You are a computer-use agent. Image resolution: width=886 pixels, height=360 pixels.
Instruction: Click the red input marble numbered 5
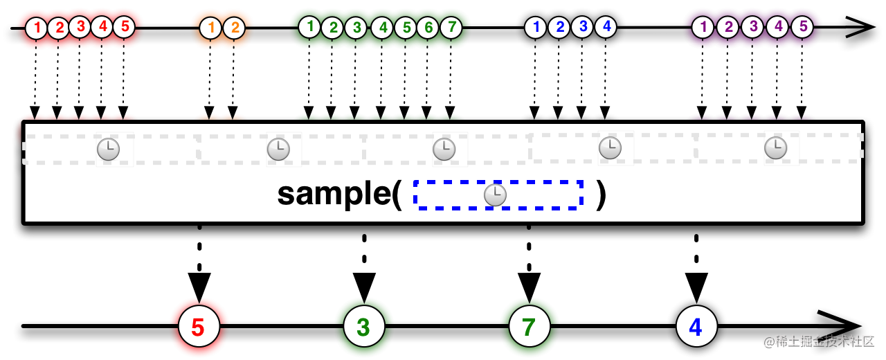point(124,27)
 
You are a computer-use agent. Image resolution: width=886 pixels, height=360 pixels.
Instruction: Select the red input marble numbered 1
point(36,28)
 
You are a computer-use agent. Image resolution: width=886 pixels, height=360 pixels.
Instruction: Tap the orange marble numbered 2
point(234,28)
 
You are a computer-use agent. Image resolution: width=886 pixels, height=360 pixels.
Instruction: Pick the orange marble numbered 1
point(210,28)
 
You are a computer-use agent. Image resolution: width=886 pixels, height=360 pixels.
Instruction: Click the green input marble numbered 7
point(451,27)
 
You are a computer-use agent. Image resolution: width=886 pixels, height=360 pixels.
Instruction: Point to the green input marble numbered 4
point(382,28)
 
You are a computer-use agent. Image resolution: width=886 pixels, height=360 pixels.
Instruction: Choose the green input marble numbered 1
point(309,27)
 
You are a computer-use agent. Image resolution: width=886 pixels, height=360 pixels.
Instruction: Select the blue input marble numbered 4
point(606,27)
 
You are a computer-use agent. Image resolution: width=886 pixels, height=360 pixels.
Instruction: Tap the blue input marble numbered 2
point(559,27)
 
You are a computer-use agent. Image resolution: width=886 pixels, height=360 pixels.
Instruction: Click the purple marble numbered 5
point(802,27)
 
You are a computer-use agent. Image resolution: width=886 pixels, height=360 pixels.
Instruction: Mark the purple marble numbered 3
point(752,27)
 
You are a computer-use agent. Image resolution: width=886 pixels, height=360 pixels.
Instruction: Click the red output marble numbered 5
point(199,326)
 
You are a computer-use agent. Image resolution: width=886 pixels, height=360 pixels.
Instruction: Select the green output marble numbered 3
point(364,326)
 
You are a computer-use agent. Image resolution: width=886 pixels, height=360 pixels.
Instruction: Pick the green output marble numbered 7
point(530,326)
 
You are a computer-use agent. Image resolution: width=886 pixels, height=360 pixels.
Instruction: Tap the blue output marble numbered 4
point(696,326)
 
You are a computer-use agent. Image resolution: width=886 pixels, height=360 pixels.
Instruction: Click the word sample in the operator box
point(334,195)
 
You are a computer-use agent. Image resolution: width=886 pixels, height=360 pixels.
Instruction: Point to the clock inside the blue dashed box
point(495,195)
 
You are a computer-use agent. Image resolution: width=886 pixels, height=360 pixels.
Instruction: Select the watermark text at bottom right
point(819,342)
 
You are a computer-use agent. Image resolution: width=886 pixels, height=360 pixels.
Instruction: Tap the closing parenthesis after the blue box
point(602,195)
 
